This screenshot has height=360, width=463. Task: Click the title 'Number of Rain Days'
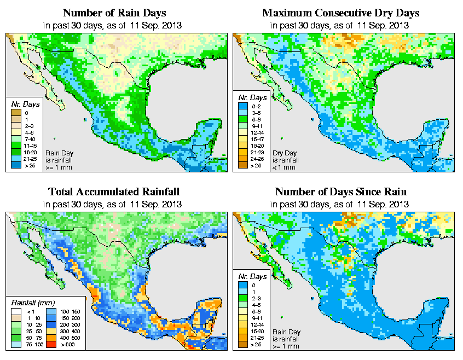click(x=114, y=13)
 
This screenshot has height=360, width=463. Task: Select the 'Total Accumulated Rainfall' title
click(x=114, y=192)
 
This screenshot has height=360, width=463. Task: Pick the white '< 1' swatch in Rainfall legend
click(x=16, y=311)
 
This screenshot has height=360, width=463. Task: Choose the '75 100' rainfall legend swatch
click(x=16, y=345)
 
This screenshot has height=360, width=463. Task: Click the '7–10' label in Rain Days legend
click(x=28, y=140)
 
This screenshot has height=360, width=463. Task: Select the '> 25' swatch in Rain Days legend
click(x=16, y=164)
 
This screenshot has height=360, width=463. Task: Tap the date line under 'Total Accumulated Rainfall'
click(x=114, y=204)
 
